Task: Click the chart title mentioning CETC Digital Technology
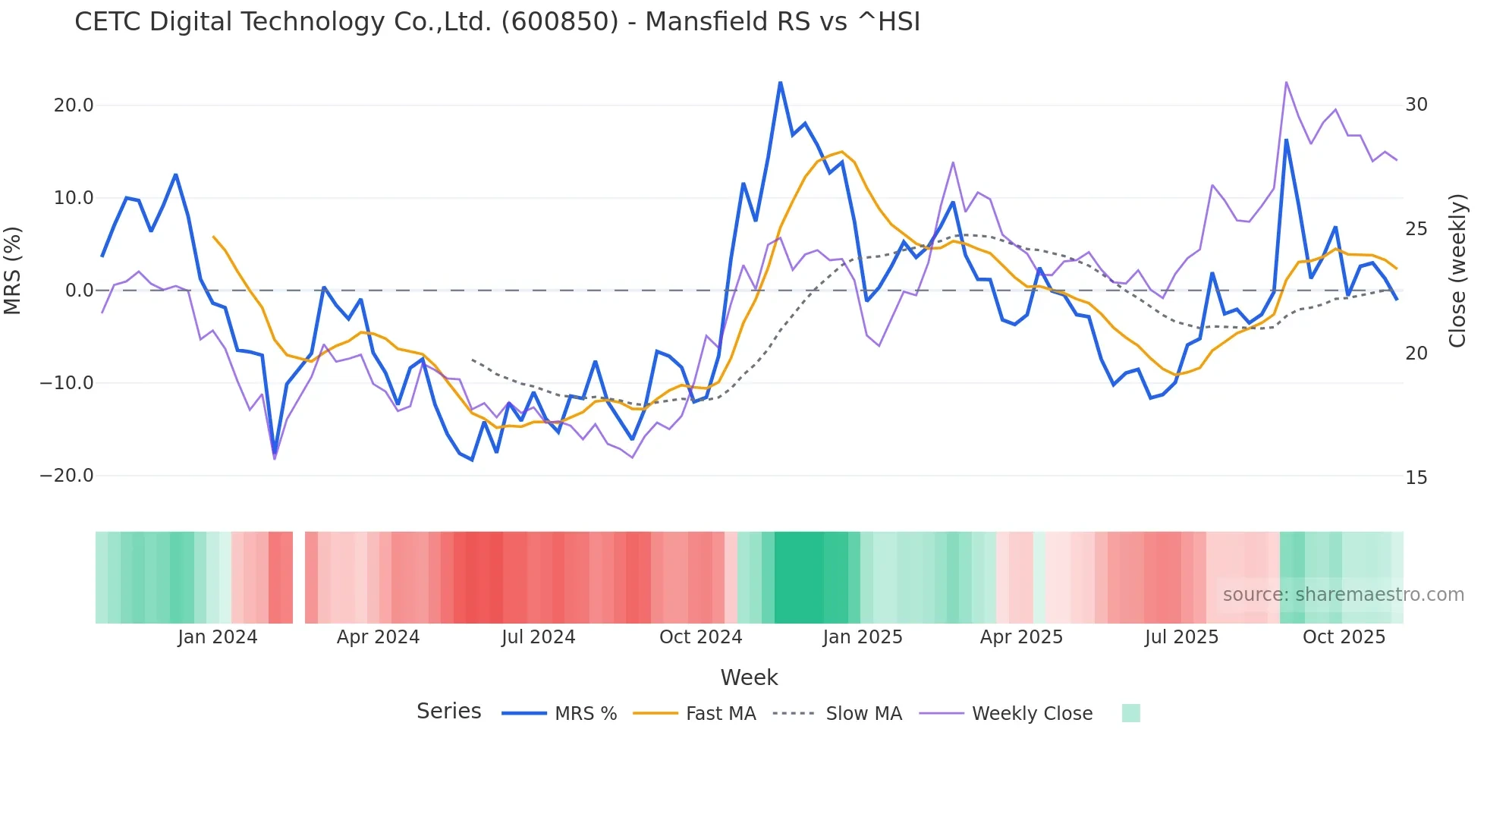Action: click(x=497, y=22)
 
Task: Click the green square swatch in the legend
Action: click(x=1130, y=713)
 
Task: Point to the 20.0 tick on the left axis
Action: click(x=74, y=105)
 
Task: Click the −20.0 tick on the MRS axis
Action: click(x=67, y=476)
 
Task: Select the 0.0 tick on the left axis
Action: click(x=79, y=291)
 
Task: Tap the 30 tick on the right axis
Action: click(x=1416, y=105)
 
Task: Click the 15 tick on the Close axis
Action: click(x=1416, y=478)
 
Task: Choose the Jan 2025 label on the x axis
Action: click(x=863, y=637)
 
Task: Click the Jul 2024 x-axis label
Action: click(x=538, y=637)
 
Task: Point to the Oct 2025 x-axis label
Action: click(x=1344, y=637)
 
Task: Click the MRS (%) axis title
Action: click(x=13, y=271)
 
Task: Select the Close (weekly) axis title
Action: click(x=1457, y=271)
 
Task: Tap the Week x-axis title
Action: click(x=749, y=677)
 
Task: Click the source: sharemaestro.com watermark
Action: click(x=1343, y=595)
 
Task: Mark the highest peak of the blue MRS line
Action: click(x=780, y=83)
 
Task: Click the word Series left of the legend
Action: click(x=448, y=712)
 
